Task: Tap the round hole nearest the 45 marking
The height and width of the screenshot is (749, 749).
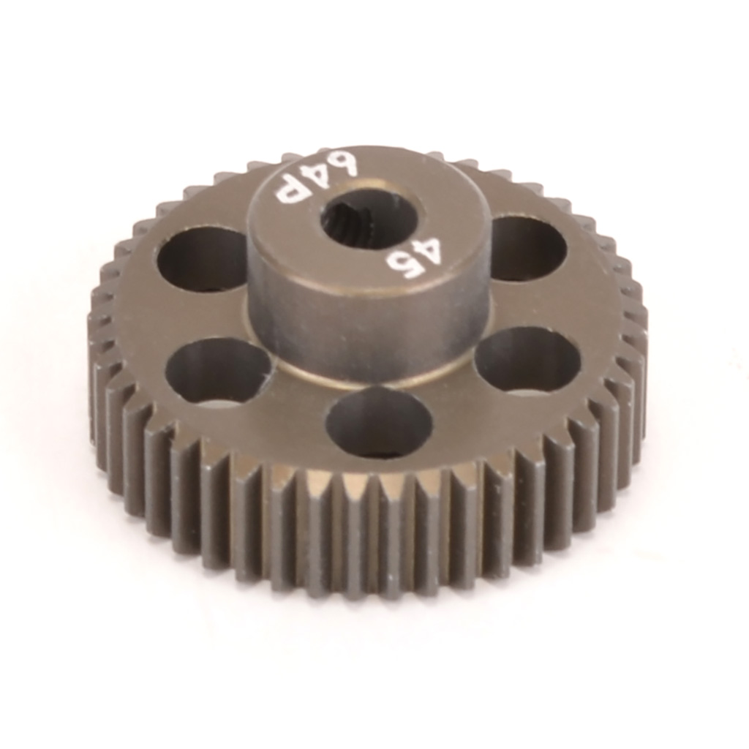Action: (527, 248)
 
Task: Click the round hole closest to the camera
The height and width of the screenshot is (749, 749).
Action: (378, 423)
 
